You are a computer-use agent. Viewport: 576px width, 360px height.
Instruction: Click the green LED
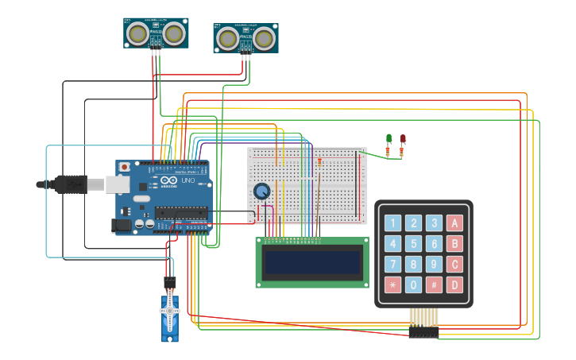[389, 138]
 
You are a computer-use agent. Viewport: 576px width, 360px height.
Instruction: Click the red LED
[403, 138]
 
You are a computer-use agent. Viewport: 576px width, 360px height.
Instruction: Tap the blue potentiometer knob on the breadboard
[261, 192]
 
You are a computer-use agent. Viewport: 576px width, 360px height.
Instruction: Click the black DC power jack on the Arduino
[121, 225]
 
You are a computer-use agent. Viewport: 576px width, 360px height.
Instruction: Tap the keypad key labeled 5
[413, 244]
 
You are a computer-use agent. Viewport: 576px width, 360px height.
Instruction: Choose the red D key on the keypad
[454, 285]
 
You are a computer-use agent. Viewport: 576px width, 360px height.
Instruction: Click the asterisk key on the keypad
[392, 285]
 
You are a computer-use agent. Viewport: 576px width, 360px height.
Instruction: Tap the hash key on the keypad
[434, 285]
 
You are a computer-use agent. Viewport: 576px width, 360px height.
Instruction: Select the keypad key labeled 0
[413, 285]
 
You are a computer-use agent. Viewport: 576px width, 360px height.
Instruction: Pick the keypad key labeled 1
[392, 223]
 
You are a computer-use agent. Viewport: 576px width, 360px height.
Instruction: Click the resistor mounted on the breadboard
[319, 161]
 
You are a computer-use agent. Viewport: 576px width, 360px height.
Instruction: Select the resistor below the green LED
[388, 151]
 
